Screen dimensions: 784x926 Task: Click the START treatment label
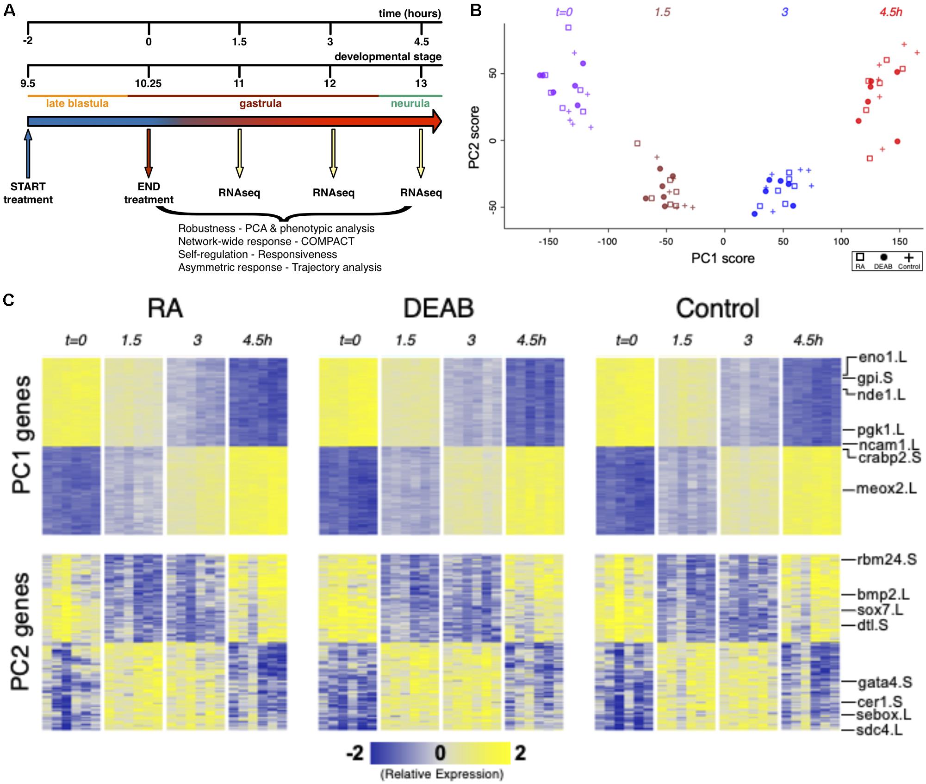tap(28, 193)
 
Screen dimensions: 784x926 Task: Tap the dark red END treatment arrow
tap(149, 153)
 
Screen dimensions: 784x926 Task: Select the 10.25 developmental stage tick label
tap(148, 83)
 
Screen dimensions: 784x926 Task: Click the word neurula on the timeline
tap(410, 103)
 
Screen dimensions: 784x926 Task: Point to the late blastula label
tap(77, 103)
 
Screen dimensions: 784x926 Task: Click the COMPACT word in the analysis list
tap(328, 241)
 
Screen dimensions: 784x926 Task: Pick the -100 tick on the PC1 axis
tap(607, 241)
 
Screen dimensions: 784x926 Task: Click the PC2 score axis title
tap(474, 138)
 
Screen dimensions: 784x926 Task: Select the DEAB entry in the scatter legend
tap(883, 261)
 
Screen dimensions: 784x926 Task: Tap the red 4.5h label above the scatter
tap(891, 12)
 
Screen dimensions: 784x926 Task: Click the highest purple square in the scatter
tap(568, 28)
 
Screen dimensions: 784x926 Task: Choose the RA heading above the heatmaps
tap(165, 308)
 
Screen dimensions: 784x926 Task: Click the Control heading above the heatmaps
tap(717, 308)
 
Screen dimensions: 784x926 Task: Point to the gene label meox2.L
tap(886, 489)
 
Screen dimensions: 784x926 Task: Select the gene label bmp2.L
tap(883, 594)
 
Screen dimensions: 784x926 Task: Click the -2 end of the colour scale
tap(355, 753)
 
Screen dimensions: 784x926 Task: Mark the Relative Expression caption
tap(441, 774)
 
